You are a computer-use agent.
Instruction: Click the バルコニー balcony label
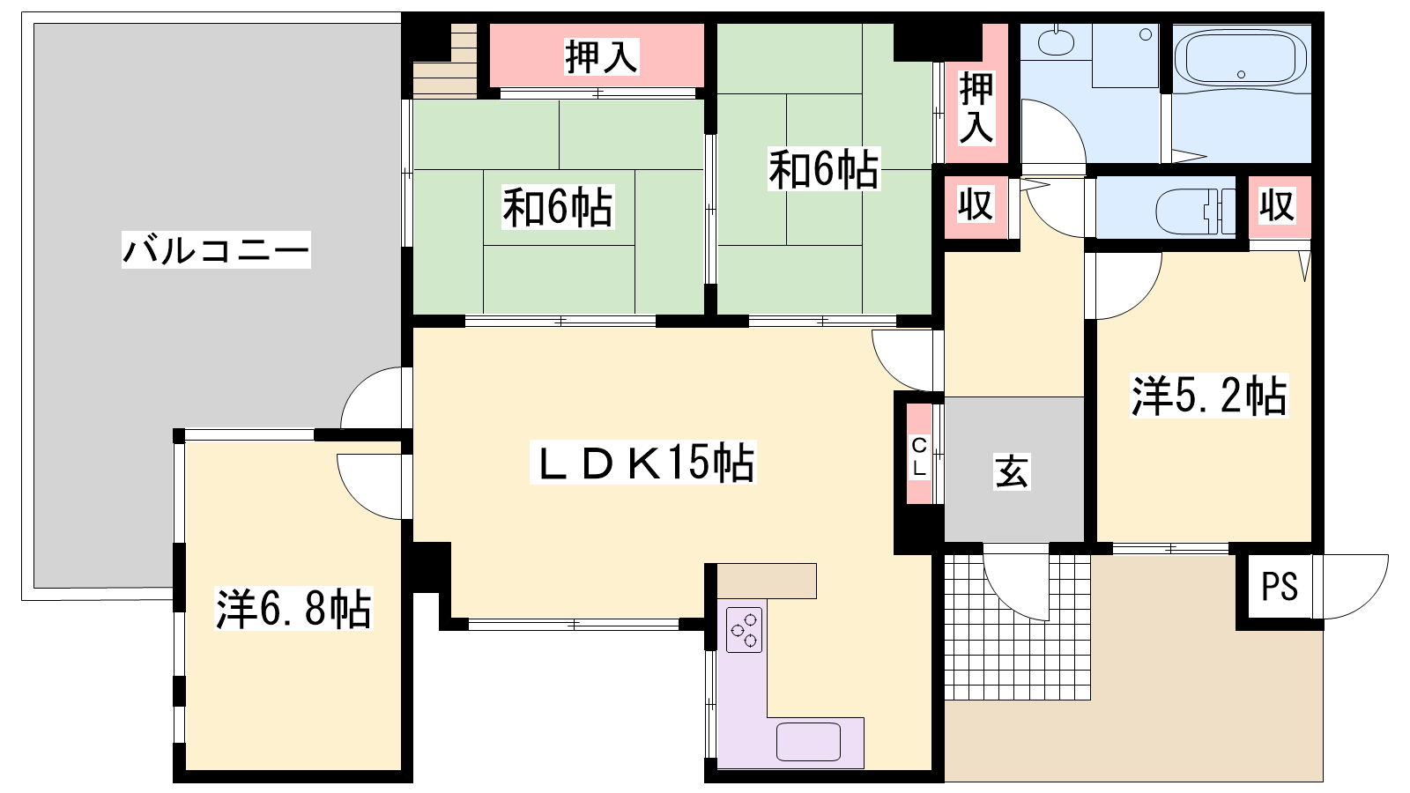pyautogui.click(x=216, y=250)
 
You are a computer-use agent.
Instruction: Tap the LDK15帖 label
pyautogui.click(x=642, y=463)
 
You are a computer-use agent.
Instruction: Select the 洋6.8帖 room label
pyautogui.click(x=293, y=609)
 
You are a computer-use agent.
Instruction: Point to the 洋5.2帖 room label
pyautogui.click(x=1209, y=396)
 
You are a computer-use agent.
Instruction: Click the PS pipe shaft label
pyautogui.click(x=1280, y=587)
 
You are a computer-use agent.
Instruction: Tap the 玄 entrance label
pyautogui.click(x=1012, y=471)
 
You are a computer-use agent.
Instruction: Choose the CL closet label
pyautogui.click(x=919, y=457)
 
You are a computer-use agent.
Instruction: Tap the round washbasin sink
pyautogui.click(x=1056, y=42)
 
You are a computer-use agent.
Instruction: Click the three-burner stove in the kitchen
pyautogui.click(x=744, y=629)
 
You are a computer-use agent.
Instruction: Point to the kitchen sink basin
pyautogui.click(x=808, y=742)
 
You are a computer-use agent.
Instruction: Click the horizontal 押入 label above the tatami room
pyautogui.click(x=602, y=56)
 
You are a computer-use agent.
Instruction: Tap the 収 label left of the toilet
pyautogui.click(x=975, y=204)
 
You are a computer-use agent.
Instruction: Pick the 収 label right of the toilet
pyautogui.click(x=1277, y=205)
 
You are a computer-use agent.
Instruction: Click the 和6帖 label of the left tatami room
pyautogui.click(x=558, y=207)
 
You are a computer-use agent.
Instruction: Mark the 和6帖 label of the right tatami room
pyautogui.click(x=824, y=168)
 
